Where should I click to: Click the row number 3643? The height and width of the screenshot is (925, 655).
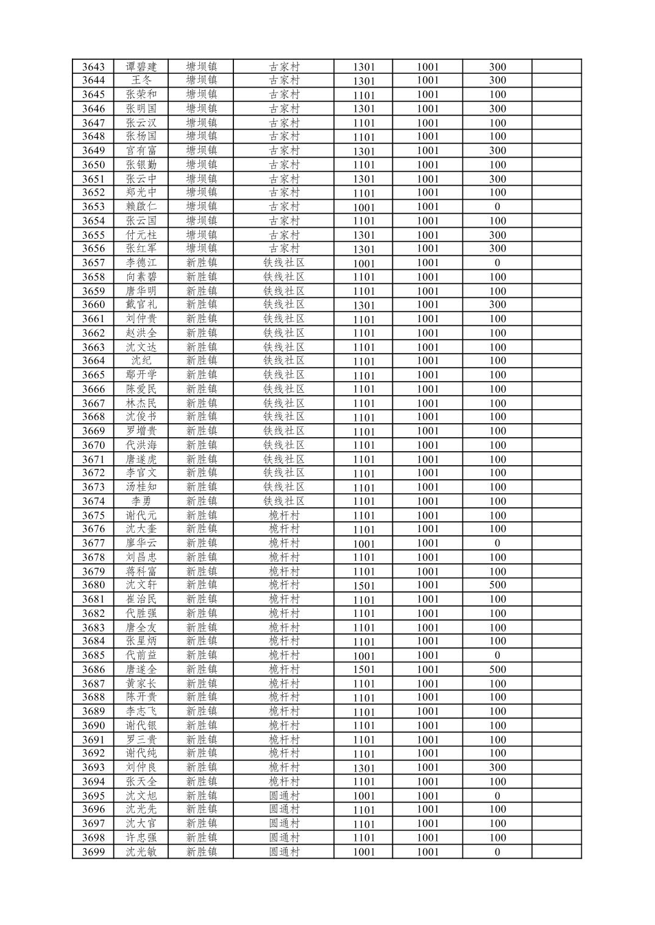coord(93,67)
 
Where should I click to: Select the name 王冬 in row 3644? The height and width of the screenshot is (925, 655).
coord(141,80)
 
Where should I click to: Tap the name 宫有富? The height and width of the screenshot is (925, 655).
coord(141,150)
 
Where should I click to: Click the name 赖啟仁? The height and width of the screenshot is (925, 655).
coord(141,206)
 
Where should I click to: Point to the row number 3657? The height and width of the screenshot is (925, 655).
coord(93,263)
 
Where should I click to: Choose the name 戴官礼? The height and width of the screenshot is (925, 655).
coord(141,304)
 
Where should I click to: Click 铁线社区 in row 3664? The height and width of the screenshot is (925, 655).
coord(284,361)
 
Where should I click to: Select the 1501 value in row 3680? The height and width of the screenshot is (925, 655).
coord(364,585)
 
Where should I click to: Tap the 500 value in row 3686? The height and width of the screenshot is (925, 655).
coord(497,669)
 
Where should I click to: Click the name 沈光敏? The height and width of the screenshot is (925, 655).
coord(141,852)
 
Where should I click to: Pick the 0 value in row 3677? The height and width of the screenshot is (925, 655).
coord(497,543)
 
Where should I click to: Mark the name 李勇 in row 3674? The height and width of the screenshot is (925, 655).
coord(141,501)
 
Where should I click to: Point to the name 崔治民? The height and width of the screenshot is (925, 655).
coord(141,599)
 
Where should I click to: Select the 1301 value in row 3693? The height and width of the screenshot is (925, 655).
coord(364,768)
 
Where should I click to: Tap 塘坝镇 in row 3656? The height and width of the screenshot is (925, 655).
coord(201,248)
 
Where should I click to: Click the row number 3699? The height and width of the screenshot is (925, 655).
coord(93,852)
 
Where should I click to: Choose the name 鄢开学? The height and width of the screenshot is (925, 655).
coord(141,375)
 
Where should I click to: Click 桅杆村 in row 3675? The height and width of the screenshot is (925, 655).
coord(284,515)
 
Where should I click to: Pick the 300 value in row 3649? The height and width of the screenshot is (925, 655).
coord(497,150)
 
